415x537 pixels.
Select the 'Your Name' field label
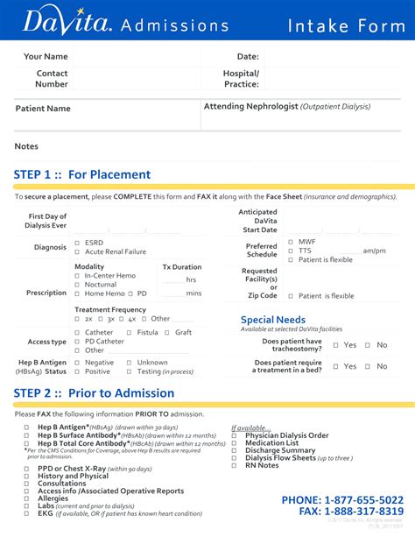[46, 57]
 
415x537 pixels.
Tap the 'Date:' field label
[248, 57]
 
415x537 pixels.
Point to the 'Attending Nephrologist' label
[250, 106]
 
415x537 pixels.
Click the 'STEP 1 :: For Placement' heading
[82, 174]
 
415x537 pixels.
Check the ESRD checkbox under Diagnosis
[77, 243]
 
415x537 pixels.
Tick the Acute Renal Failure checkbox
[77, 252]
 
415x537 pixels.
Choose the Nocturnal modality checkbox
[77, 285]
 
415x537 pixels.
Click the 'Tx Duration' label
[181, 266]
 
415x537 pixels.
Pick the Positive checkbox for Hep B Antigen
[77, 371]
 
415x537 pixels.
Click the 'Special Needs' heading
[273, 320]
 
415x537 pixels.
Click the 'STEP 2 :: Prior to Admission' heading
[95, 393]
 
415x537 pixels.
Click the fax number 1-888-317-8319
[363, 512]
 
